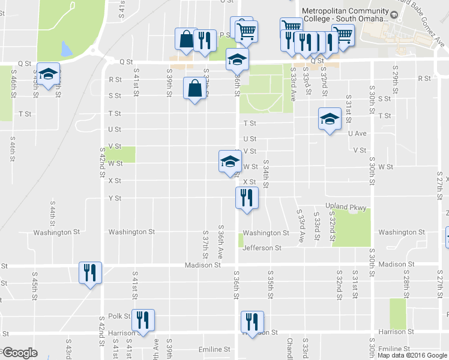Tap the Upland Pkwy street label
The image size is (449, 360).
click(x=345, y=206)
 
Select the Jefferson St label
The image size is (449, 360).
click(x=262, y=248)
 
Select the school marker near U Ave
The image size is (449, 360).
click(x=329, y=119)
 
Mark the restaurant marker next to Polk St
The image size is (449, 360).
click(x=143, y=320)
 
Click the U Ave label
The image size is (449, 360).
click(x=357, y=133)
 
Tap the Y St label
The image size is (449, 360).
click(x=115, y=198)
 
